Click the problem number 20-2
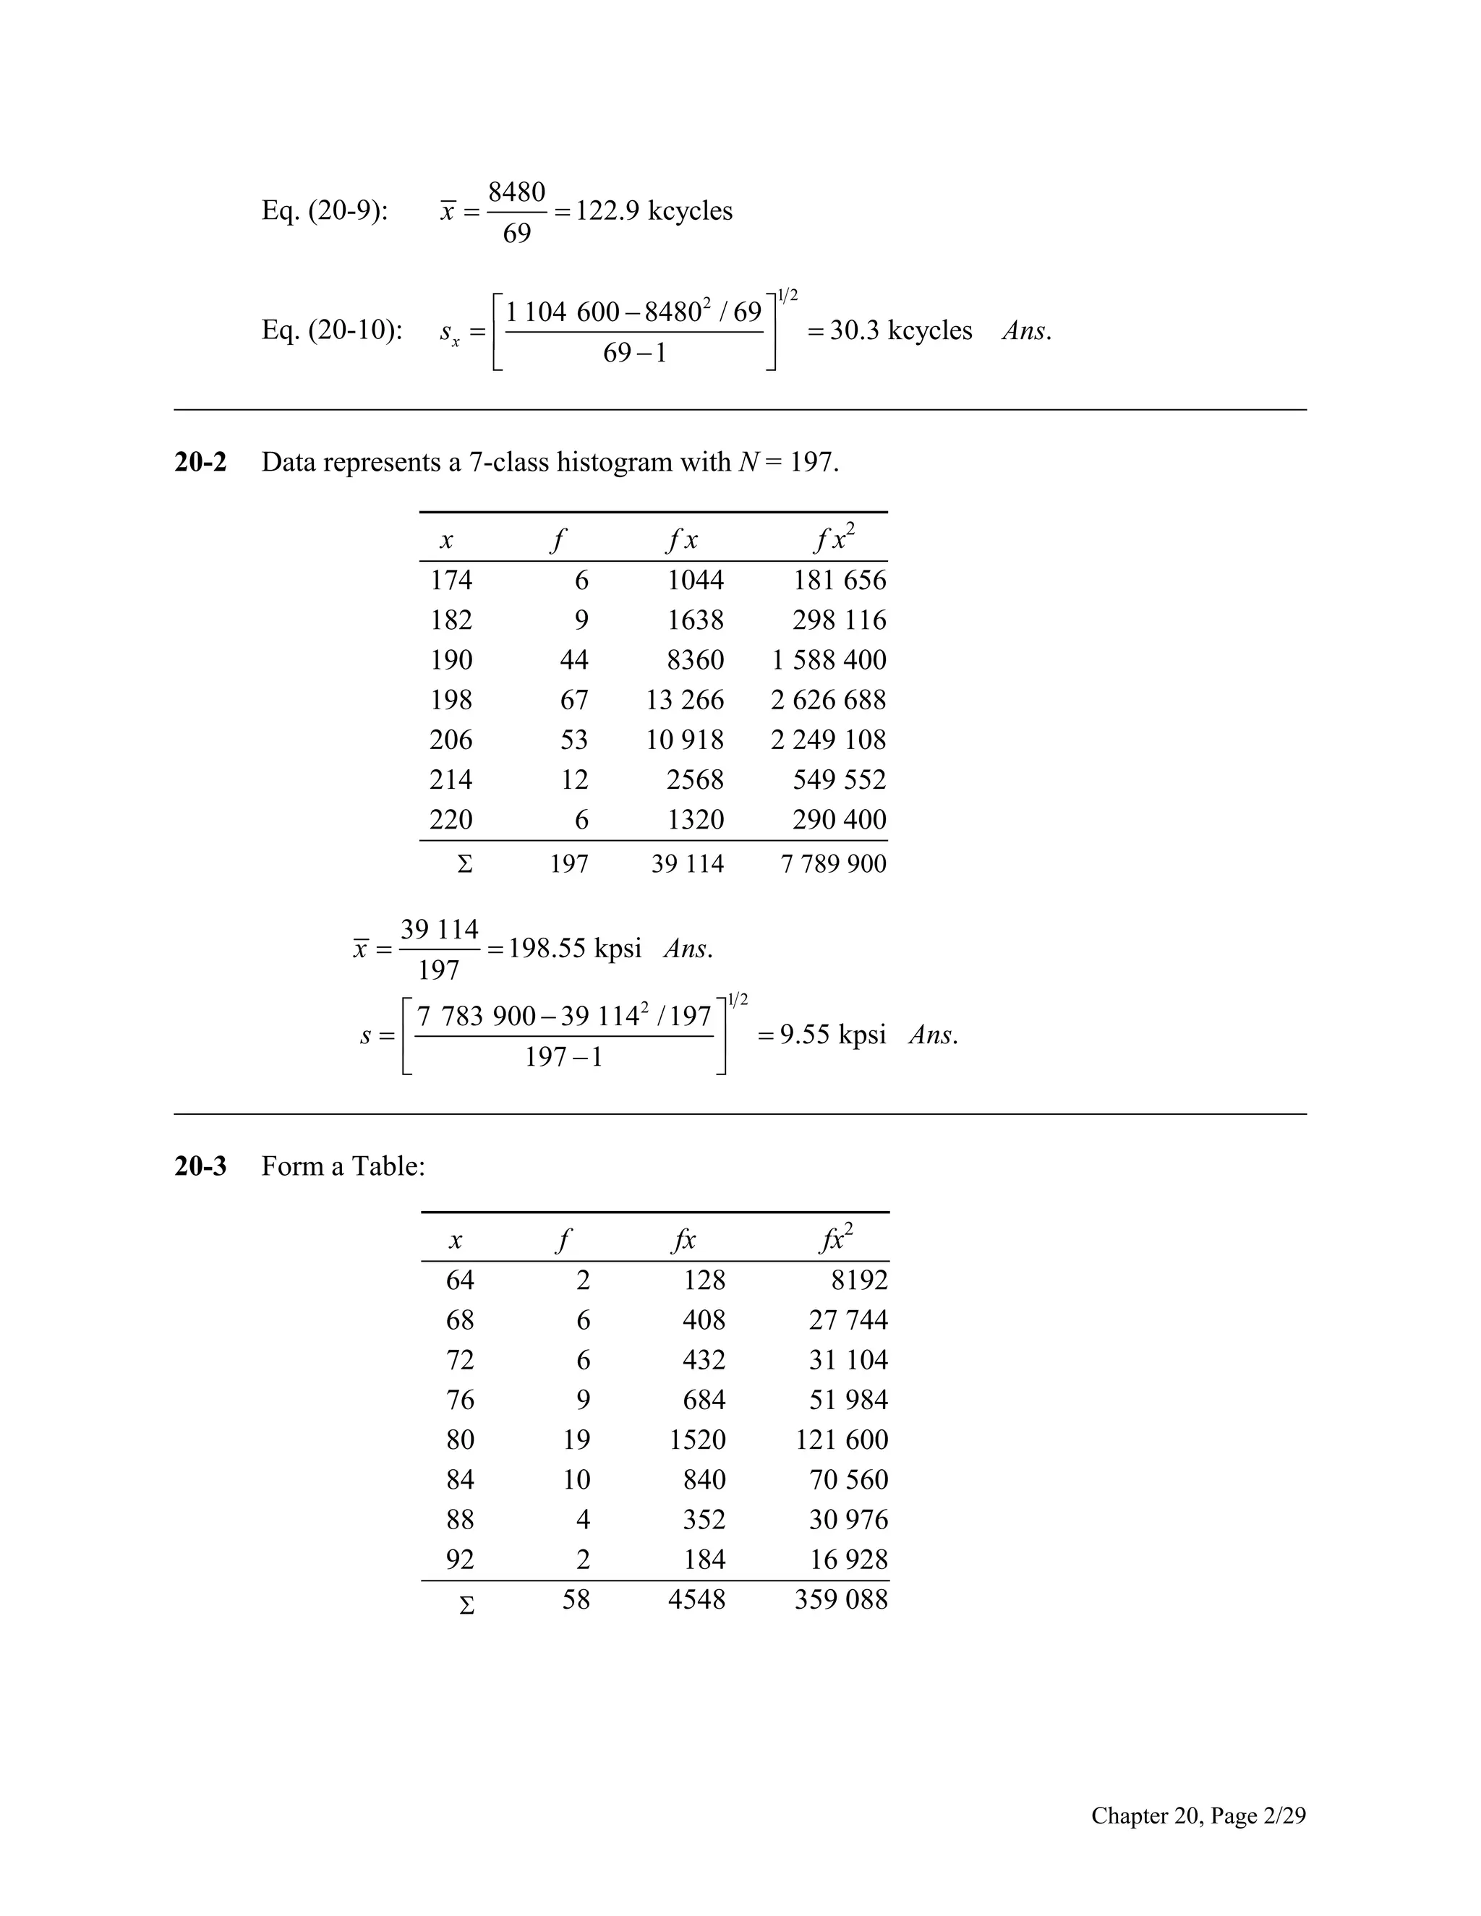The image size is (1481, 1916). pos(200,462)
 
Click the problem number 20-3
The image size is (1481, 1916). pos(200,1166)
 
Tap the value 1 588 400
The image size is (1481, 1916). pos(828,659)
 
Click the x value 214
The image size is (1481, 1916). pos(451,780)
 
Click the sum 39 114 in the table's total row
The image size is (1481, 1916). pos(687,864)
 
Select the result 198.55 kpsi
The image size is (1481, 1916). pos(575,949)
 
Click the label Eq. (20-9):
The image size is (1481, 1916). pos(325,211)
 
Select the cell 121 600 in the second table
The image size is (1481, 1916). pos(842,1440)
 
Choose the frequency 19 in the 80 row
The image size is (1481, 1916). pos(576,1440)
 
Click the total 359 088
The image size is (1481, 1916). pos(840,1599)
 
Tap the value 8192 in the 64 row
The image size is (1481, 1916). pos(859,1280)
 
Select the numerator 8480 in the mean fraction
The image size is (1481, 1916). pos(517,192)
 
